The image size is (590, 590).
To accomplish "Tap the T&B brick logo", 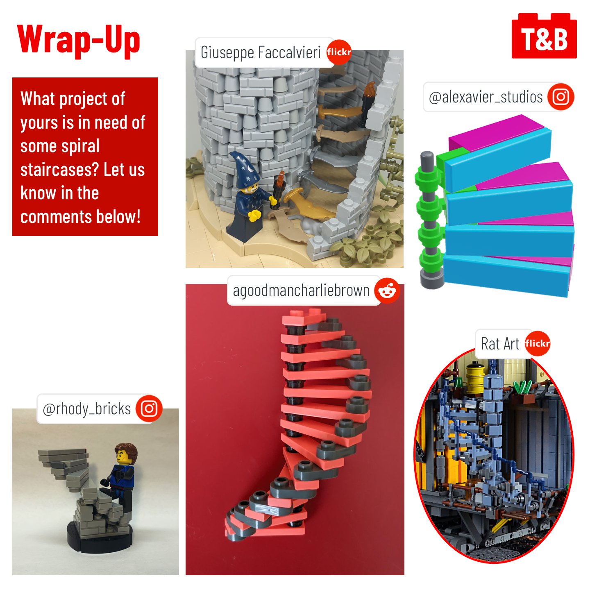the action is (x=544, y=36).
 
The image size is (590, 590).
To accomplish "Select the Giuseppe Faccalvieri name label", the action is (x=261, y=52).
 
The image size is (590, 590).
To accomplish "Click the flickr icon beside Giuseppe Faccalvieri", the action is (x=338, y=52).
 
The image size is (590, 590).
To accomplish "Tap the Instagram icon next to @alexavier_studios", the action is (x=560, y=97).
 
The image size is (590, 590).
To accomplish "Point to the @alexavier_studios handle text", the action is (x=486, y=97).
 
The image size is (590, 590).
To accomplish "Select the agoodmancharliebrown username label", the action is (x=301, y=290).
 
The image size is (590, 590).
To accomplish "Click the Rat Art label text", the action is (x=500, y=343).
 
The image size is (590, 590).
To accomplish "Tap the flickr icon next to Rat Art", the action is (x=537, y=343).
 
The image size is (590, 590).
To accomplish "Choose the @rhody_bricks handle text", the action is (x=86, y=409).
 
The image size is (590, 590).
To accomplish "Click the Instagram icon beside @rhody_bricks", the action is (x=149, y=408).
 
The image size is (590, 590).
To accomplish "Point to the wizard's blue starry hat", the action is (x=244, y=170).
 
